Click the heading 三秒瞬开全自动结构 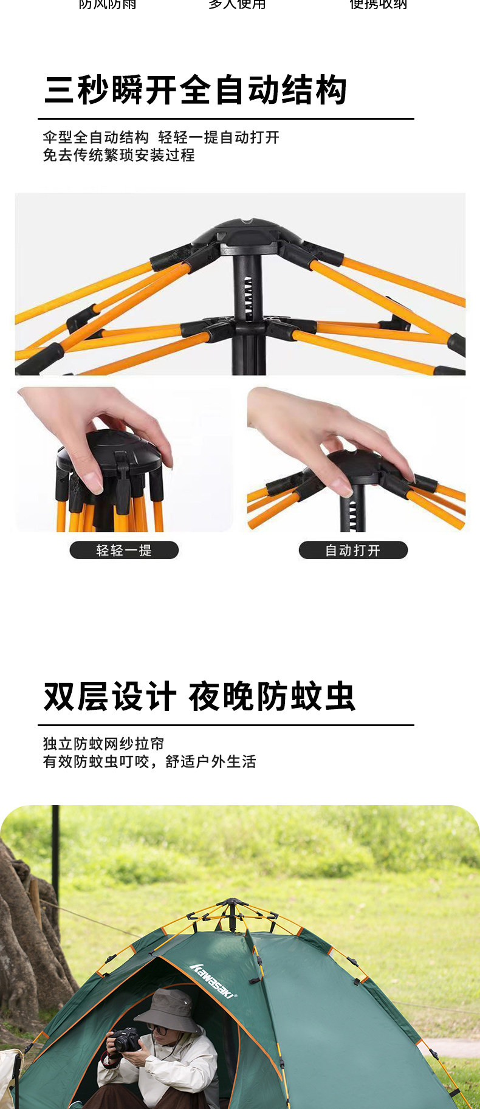(x=196, y=91)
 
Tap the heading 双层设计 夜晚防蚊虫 (x=199, y=696)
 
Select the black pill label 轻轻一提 (x=124, y=551)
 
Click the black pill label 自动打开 (x=353, y=551)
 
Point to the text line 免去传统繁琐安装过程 (x=119, y=156)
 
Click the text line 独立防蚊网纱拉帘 (x=103, y=744)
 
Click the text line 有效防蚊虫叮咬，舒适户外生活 (x=149, y=762)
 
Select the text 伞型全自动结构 (x=96, y=137)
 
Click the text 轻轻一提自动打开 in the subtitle (x=219, y=137)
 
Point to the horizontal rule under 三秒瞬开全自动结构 (x=226, y=118)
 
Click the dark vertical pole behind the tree (x=55, y=851)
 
